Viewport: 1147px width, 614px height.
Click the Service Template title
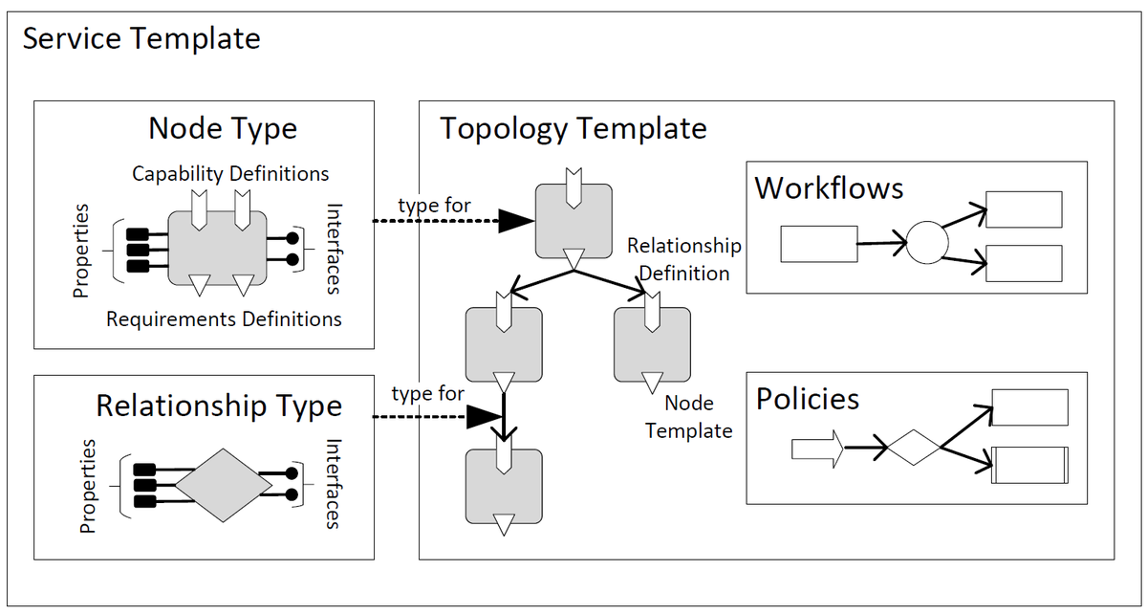141,39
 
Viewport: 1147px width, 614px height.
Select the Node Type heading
223,128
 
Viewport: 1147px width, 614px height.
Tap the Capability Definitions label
230,174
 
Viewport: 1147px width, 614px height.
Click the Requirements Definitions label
224,318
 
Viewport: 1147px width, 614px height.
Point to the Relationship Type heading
219,406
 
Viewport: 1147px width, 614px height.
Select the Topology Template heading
573,128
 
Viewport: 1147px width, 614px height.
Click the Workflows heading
829,187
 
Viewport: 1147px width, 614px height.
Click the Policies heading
808,399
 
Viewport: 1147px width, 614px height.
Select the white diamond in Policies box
914,447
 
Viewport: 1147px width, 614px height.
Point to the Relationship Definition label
683,259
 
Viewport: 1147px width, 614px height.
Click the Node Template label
688,417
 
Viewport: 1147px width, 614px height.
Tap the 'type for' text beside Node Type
433,205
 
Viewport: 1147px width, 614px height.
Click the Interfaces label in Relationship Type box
333,484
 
